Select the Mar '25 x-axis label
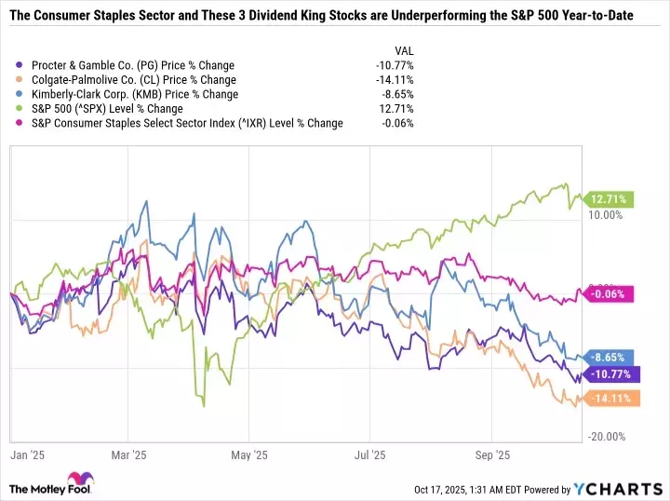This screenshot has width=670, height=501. click(129, 456)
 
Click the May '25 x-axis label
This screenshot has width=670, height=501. click(248, 456)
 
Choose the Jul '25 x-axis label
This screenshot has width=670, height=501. click(369, 456)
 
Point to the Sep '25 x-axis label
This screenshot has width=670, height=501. click(490, 456)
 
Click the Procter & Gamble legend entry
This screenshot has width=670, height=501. click(132, 66)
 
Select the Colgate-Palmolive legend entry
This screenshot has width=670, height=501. click(133, 80)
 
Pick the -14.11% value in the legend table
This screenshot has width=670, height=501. click(395, 80)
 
